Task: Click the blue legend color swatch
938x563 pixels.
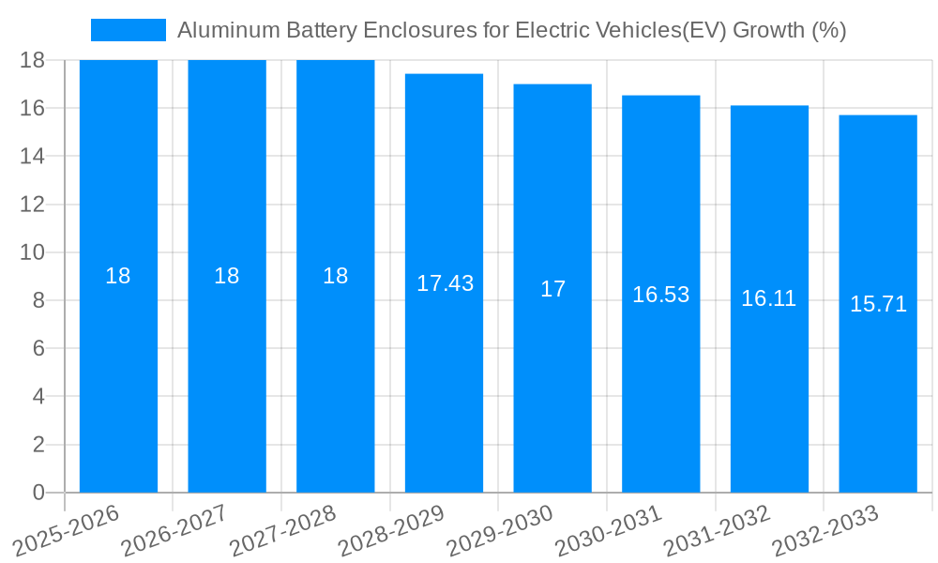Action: pyautogui.click(x=128, y=30)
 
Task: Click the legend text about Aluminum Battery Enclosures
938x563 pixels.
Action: pyautogui.click(x=511, y=30)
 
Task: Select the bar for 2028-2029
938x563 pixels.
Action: pyautogui.click(x=444, y=375)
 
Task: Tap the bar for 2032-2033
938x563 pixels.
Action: pyautogui.click(x=878, y=394)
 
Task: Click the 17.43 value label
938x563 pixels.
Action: pyautogui.click(x=445, y=283)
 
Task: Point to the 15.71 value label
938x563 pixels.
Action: pyautogui.click(x=878, y=304)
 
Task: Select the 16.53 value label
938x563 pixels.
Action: pyautogui.click(x=660, y=295)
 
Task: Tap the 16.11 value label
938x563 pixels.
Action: pyautogui.click(x=769, y=298)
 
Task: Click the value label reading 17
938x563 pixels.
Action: pyautogui.click(x=552, y=289)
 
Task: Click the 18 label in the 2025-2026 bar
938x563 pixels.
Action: pyautogui.click(x=118, y=276)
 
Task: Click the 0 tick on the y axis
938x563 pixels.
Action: pyautogui.click(x=38, y=493)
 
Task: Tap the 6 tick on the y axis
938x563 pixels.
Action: pyautogui.click(x=38, y=348)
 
